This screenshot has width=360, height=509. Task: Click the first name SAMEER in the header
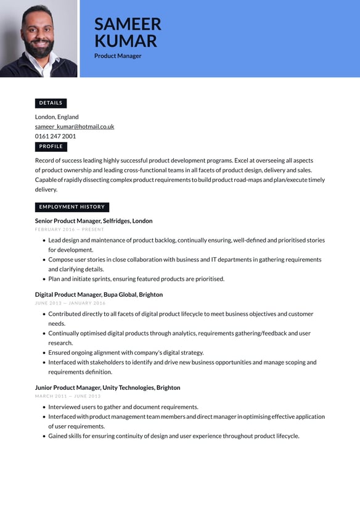coord(128,24)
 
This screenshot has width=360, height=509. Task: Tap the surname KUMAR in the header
coord(126,41)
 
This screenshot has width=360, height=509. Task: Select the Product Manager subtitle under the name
coord(118,56)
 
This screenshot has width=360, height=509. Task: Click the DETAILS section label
coord(51,103)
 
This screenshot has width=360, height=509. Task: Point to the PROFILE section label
coord(51,147)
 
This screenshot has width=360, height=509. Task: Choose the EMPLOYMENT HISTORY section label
coord(72,207)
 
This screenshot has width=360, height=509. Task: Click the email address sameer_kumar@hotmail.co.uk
coord(75,126)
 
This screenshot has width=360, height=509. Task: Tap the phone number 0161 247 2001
coord(55,136)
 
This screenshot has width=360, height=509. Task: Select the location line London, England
coord(57,117)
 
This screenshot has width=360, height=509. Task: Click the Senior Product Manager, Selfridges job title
coord(94,221)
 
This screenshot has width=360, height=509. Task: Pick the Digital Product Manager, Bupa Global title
coord(99,295)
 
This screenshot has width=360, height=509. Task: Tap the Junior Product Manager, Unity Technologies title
coord(107,388)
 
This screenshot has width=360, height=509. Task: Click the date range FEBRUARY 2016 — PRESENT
coord(70,230)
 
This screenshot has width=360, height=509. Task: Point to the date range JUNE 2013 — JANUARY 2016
coord(70,304)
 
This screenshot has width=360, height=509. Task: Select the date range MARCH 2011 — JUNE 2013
coord(68,396)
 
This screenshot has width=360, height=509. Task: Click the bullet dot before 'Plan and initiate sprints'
coord(43,279)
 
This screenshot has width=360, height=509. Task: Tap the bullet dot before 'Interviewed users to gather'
coord(43,407)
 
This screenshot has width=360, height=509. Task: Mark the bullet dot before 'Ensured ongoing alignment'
coord(43,353)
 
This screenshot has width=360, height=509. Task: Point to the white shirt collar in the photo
coord(47,67)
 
